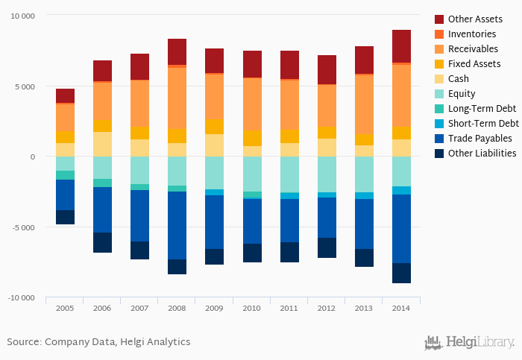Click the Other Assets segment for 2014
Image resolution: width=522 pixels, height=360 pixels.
click(401, 46)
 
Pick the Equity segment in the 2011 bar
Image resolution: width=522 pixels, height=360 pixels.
click(289, 174)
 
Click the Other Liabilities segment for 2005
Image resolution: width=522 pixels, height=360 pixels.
click(65, 217)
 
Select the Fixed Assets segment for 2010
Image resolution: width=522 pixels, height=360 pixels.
click(252, 138)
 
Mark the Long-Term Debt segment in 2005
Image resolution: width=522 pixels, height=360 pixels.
click(65, 175)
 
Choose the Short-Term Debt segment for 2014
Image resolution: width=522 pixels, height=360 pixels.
click(401, 190)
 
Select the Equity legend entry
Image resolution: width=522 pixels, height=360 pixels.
click(466, 94)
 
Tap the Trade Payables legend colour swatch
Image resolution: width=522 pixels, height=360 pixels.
click(439, 139)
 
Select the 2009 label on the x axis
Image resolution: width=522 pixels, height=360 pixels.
click(214, 308)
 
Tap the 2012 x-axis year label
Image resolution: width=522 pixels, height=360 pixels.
click(327, 308)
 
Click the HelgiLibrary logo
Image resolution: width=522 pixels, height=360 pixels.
click(469, 342)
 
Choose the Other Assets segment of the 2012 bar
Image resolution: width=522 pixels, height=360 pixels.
click(327, 69)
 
